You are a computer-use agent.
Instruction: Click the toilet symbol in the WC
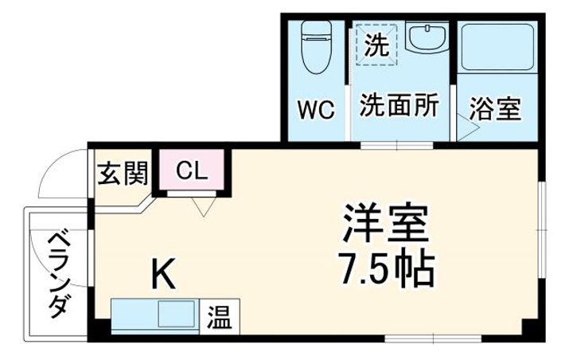coord(317,47)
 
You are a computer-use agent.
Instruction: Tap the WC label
coord(317,109)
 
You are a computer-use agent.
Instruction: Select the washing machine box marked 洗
coord(376,45)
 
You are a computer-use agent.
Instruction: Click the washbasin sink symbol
coord(427,38)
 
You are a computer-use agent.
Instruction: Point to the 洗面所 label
coord(399,105)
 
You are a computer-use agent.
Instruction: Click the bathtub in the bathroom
coord(497,47)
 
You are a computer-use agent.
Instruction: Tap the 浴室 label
coord(495,109)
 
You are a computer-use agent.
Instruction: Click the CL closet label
coord(192,170)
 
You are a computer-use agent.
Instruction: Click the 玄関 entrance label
coord(123,173)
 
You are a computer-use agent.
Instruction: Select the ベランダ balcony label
coord(58,275)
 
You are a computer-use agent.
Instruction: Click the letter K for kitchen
coord(163,273)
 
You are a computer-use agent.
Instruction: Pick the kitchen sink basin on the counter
coord(176,314)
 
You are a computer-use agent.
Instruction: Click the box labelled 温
coord(220,316)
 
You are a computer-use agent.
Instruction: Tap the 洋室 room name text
coord(385,224)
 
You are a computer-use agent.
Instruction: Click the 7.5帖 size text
coord(386,269)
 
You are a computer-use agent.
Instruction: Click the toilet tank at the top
coord(317,29)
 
